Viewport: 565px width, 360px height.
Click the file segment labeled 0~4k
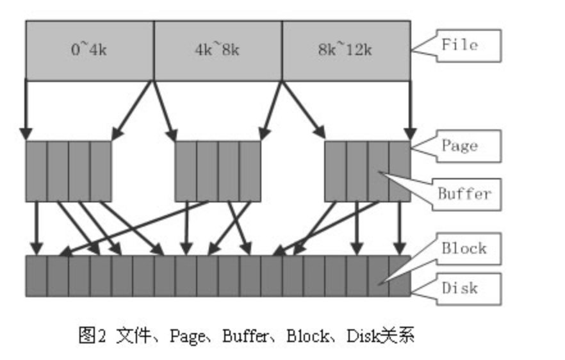(89, 50)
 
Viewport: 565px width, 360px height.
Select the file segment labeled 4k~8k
(217, 50)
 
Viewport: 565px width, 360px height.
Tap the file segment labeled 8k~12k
(345, 50)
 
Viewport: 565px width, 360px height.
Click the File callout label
(460, 45)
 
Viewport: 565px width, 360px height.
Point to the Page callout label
(460, 146)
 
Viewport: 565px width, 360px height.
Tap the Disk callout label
(460, 288)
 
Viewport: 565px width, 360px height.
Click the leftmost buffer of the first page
(36, 171)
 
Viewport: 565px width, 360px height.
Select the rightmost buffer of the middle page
(250, 171)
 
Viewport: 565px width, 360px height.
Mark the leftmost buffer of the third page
(335, 171)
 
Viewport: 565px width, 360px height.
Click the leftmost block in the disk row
(36, 276)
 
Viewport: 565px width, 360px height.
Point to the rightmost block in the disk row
(399, 276)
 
